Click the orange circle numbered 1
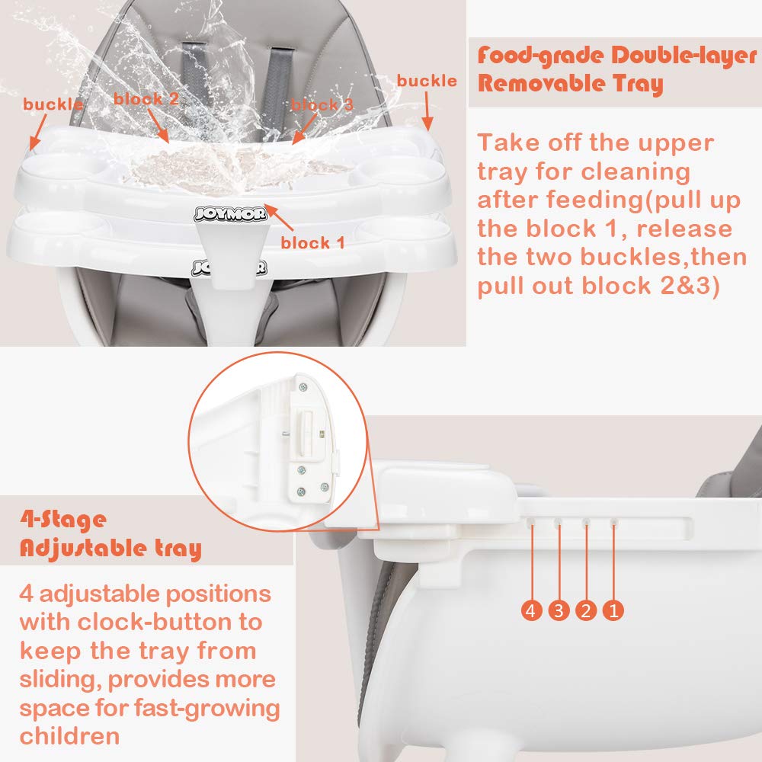tap(613, 610)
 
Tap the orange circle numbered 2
tap(586, 610)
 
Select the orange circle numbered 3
tap(559, 610)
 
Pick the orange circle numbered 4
tap(532, 610)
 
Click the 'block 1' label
tap(312, 243)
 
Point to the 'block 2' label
tap(146, 98)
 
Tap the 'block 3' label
tap(322, 104)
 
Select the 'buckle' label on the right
tap(427, 81)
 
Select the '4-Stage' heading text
tap(62, 520)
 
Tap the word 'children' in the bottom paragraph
tap(69, 736)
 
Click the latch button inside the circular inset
tap(308, 426)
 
